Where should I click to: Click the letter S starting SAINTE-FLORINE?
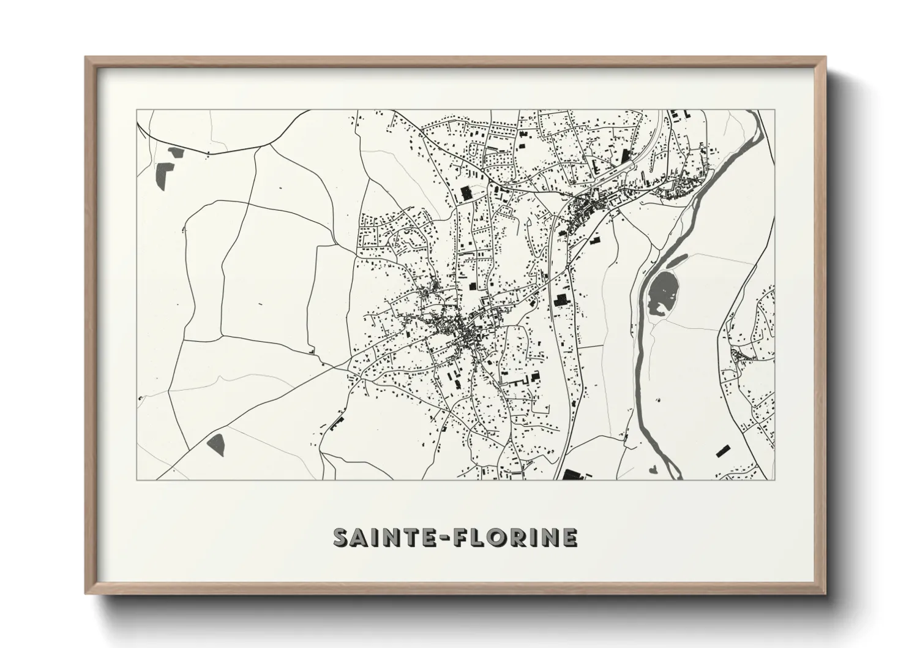pyautogui.click(x=342, y=538)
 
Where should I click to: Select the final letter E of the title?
pyautogui.click(x=568, y=538)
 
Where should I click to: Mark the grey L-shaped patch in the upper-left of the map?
pyautogui.click(x=164, y=175)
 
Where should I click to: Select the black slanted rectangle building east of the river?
pyautogui.click(x=724, y=452)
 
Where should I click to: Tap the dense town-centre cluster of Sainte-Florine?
pyautogui.click(x=468, y=334)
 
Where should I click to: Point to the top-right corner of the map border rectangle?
pyautogui.click(x=774, y=110)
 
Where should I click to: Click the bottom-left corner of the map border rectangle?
pyautogui.click(x=137, y=480)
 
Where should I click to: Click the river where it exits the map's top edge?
pyautogui.click(x=759, y=113)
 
